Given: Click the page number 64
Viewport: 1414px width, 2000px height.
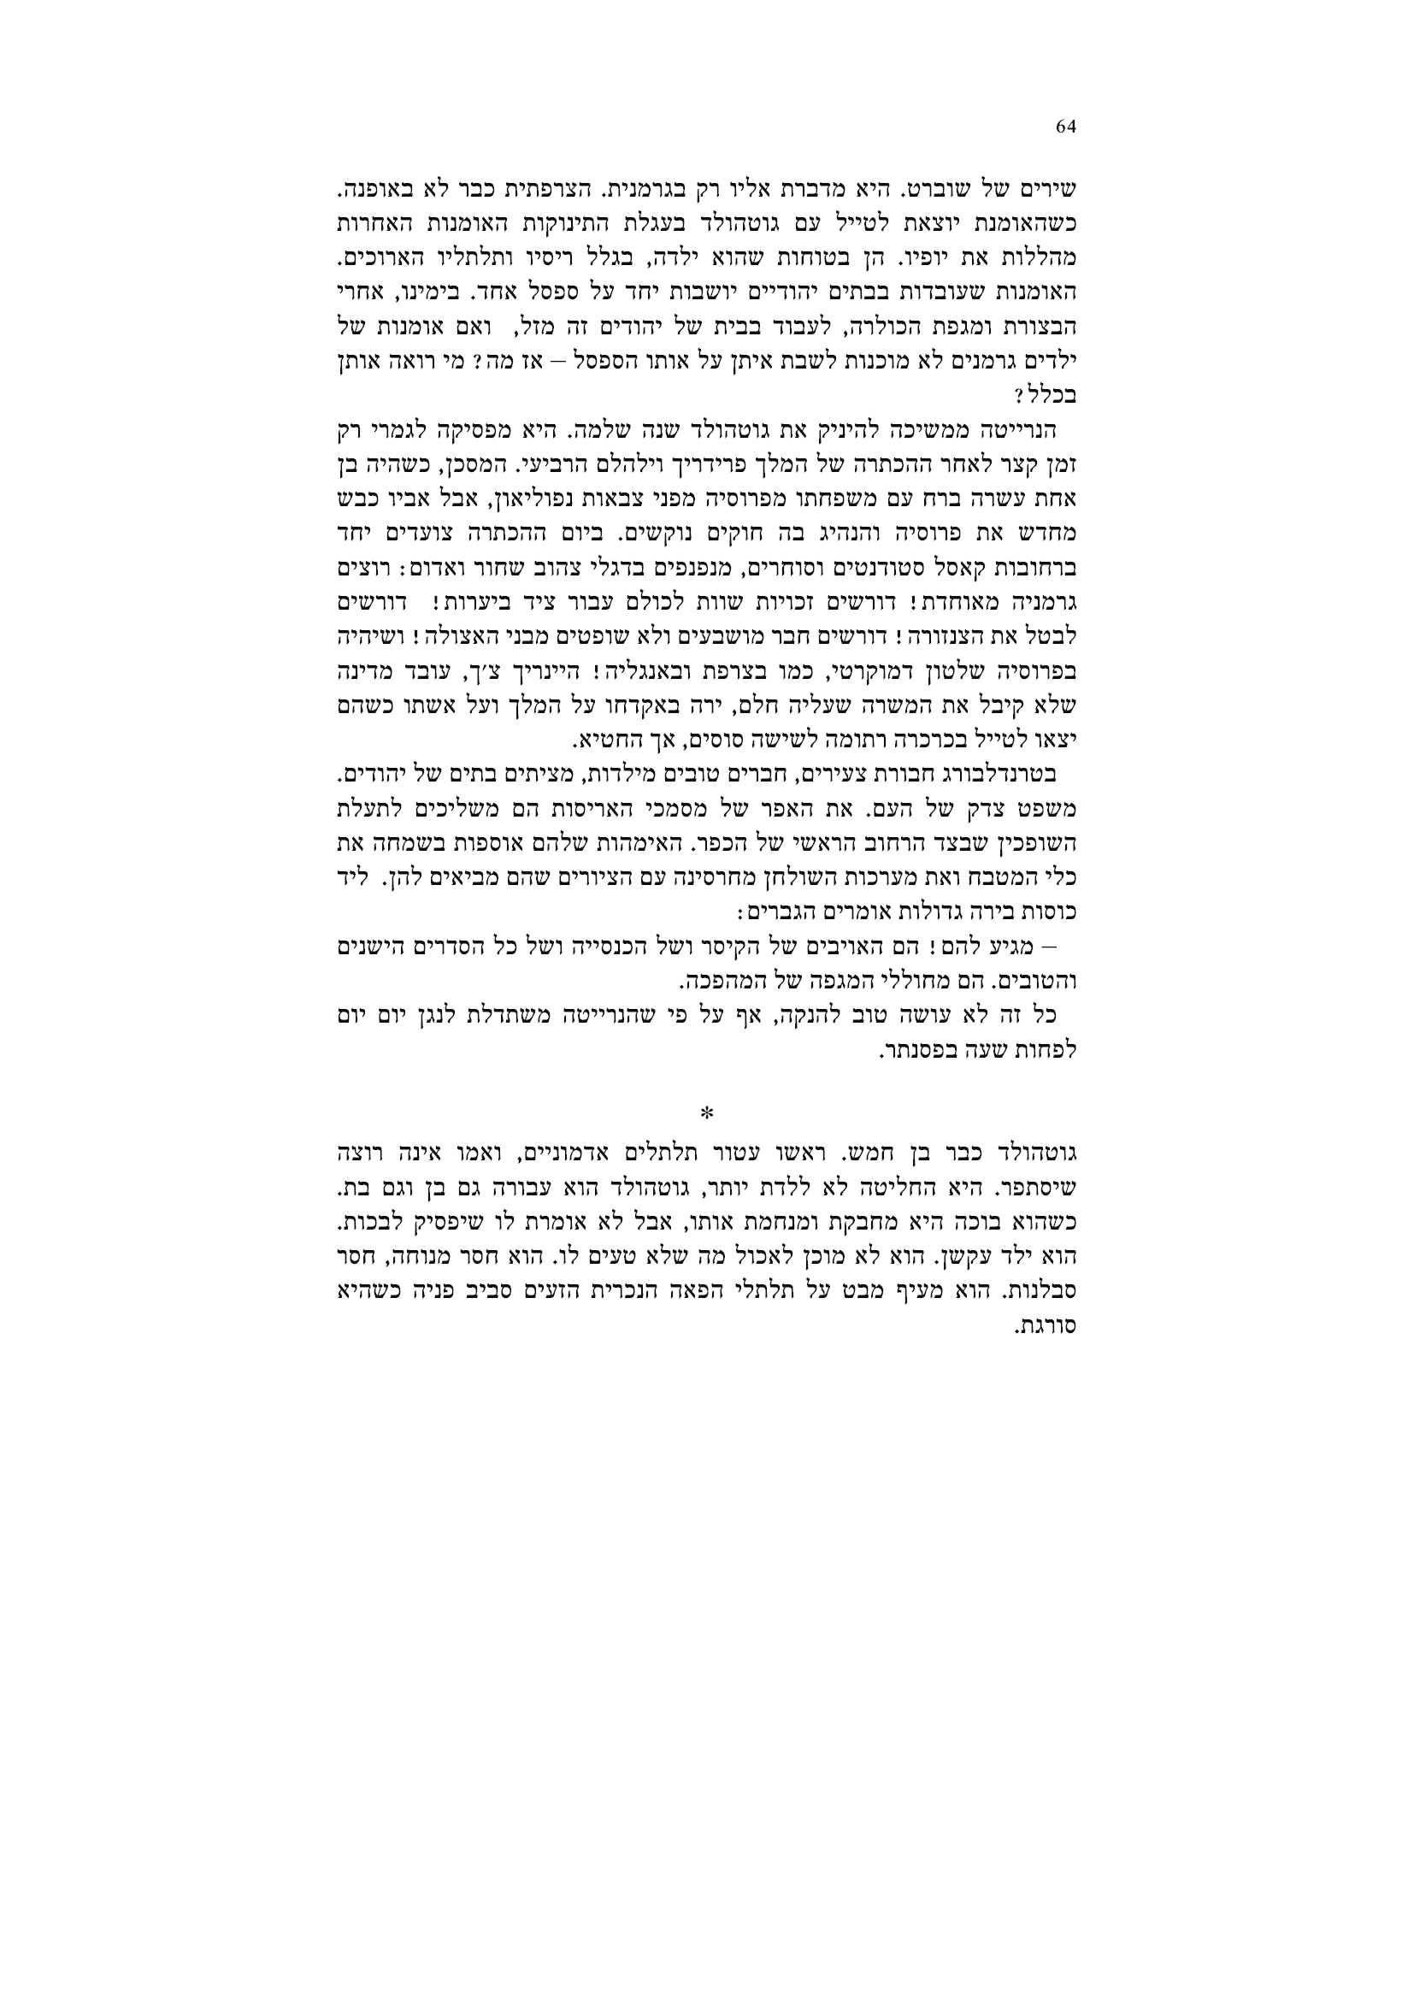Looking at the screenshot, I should coord(1066,127).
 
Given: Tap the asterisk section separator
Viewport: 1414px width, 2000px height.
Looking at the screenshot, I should coord(707,1113).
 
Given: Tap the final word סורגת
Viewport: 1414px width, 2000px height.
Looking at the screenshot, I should coord(1048,1328).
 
